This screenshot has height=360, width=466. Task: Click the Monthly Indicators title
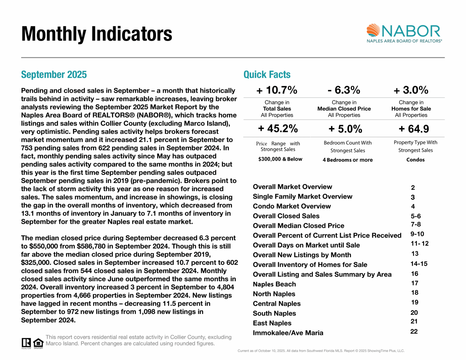(x=97, y=34)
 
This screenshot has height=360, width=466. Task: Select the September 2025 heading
(x=54, y=75)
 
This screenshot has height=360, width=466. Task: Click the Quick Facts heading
(x=267, y=75)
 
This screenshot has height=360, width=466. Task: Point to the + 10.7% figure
(x=277, y=90)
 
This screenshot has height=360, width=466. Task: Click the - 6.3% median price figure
(x=344, y=90)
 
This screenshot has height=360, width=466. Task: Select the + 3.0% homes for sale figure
(x=411, y=90)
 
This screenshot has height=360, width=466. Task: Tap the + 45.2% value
(x=278, y=129)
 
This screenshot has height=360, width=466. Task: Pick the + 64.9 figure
(x=414, y=129)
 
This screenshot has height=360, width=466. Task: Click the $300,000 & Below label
(x=280, y=159)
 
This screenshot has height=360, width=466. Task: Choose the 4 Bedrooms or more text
(x=347, y=160)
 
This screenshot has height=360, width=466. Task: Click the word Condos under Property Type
(x=415, y=160)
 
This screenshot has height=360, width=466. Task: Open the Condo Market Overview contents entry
(x=292, y=206)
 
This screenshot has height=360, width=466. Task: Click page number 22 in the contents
(x=414, y=331)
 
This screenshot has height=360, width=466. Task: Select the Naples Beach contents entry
(x=274, y=284)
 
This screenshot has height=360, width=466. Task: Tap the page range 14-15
(x=419, y=264)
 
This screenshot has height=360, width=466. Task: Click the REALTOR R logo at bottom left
(x=26, y=343)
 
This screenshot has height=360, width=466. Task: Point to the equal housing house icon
(x=38, y=343)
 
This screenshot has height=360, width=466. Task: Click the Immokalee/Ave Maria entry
(x=288, y=333)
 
